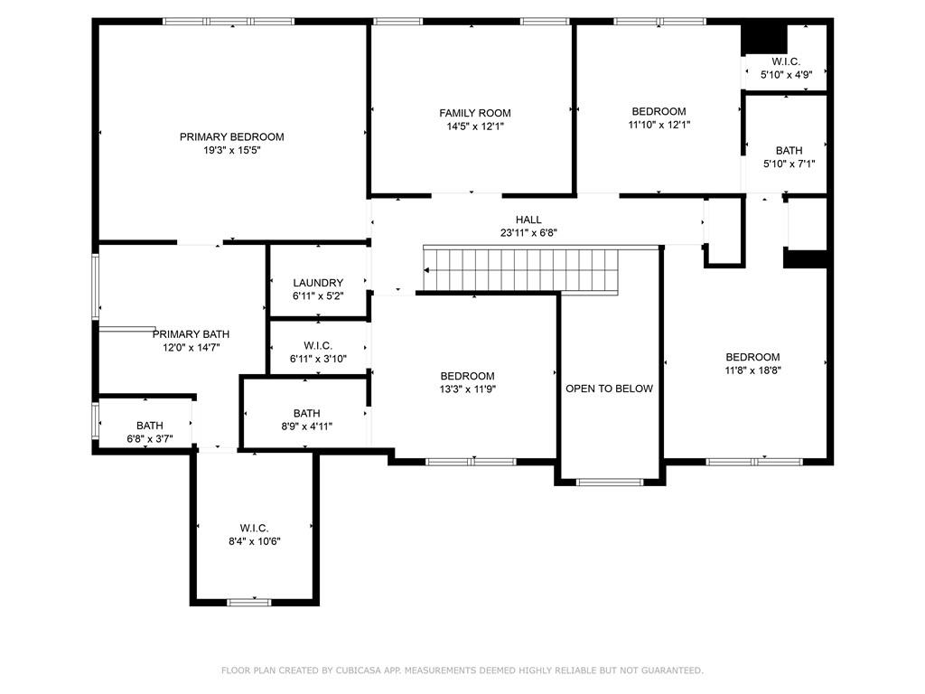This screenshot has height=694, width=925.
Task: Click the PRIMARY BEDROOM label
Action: coord(232,137)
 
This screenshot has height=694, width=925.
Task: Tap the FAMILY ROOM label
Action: coord(475,113)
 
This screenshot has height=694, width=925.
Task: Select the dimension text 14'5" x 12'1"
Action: coord(475,127)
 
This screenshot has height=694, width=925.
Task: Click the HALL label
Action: coord(528,220)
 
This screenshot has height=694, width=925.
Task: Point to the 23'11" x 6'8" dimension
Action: coord(528,233)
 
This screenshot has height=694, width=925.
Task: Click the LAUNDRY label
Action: coord(318,283)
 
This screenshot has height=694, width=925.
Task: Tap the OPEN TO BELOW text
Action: coord(610,389)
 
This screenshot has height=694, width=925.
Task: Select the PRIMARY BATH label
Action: coord(192,334)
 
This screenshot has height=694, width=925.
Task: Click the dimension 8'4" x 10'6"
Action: coord(254,541)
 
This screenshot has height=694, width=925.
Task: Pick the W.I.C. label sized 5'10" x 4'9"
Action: coord(787,61)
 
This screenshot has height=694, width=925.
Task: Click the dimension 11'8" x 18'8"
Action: coord(752,370)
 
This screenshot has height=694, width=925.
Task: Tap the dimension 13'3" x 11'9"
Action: coord(467,389)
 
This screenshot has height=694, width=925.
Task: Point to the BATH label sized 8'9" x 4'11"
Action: coord(307,413)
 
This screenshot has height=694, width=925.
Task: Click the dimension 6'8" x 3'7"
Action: coord(150,439)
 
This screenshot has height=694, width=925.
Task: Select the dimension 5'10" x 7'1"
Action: coord(790,164)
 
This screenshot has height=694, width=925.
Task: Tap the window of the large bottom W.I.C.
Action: coord(249,602)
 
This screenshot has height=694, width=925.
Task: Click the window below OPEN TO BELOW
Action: coord(610,483)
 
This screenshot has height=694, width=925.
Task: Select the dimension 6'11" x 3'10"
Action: coord(318,359)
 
